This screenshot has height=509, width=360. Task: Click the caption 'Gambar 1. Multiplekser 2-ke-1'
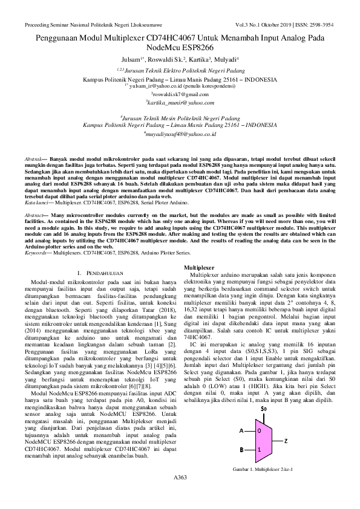(x=263, y=470)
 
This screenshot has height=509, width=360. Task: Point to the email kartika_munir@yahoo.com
(x=180, y=103)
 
